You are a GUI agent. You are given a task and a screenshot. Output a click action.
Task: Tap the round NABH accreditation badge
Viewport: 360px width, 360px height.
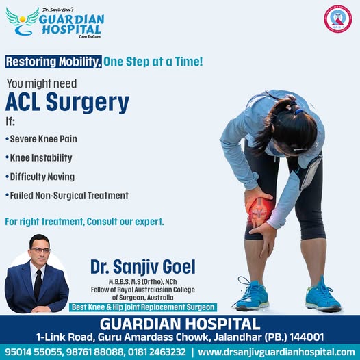pos(337,19)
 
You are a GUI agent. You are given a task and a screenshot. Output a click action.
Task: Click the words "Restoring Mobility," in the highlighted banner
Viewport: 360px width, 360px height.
pos(53,62)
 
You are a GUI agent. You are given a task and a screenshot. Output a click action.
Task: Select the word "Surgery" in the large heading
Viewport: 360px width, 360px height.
pos(88,103)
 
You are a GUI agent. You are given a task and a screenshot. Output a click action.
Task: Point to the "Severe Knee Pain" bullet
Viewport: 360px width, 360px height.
pos(41,139)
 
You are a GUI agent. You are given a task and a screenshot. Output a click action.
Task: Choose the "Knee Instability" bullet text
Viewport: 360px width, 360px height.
pos(39,157)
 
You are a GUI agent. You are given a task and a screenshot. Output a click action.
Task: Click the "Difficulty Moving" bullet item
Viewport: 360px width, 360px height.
pos(40,177)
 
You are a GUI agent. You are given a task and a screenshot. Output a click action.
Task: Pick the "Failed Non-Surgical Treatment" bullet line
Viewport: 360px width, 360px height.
pos(67,196)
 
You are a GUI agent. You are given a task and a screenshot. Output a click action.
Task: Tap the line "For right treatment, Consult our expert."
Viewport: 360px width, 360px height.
pos(84,222)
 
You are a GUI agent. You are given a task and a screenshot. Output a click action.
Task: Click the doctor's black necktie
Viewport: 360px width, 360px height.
pos(38,285)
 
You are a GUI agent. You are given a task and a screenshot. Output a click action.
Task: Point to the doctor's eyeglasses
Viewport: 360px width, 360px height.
pos(40,250)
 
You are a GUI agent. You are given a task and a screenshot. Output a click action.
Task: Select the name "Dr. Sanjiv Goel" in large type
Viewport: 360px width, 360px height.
pos(143,267)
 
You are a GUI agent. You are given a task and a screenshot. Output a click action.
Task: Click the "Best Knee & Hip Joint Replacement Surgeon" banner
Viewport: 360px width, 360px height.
pos(143,307)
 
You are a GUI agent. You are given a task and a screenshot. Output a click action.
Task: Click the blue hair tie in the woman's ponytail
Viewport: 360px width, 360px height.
pos(298,112)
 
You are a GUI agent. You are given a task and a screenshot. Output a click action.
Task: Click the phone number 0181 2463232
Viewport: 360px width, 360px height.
pos(157,352)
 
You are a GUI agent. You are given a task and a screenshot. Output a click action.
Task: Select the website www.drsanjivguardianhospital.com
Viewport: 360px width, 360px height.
pos(277,352)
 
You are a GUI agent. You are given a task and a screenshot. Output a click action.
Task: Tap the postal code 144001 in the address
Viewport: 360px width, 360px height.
pos(307,337)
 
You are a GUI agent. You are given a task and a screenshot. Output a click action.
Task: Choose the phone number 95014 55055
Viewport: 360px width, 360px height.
pos(34,352)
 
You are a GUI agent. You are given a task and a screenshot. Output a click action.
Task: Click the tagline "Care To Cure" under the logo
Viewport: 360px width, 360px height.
pos(90,36)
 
